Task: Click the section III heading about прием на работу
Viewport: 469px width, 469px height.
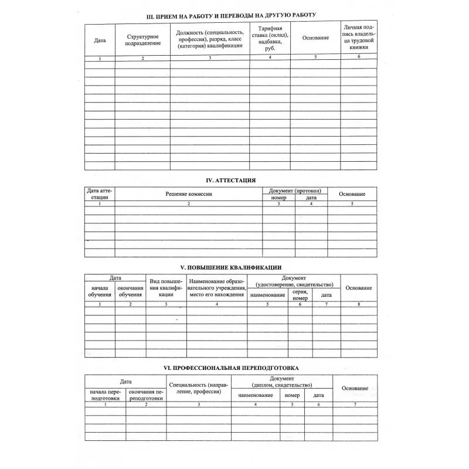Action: tap(231, 15)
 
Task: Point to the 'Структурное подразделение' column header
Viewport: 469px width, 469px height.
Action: tap(142, 40)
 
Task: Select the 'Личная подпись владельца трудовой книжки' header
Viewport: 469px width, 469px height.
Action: tap(359, 38)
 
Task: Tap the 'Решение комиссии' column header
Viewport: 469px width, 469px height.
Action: tap(188, 194)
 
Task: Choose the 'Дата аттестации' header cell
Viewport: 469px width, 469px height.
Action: tap(99, 194)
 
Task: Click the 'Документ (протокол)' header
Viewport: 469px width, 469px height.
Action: tap(295, 191)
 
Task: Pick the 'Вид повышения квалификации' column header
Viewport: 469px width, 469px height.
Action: tap(166, 288)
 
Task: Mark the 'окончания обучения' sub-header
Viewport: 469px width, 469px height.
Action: tap(130, 291)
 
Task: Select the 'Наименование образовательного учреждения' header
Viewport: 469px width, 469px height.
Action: tap(217, 288)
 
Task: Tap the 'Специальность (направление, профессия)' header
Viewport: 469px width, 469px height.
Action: tap(198, 388)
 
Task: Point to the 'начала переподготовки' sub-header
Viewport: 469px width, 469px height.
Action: tap(105, 395)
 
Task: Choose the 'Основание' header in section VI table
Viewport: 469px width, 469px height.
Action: tap(355, 389)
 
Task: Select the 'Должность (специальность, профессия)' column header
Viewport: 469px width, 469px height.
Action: tap(209, 39)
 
